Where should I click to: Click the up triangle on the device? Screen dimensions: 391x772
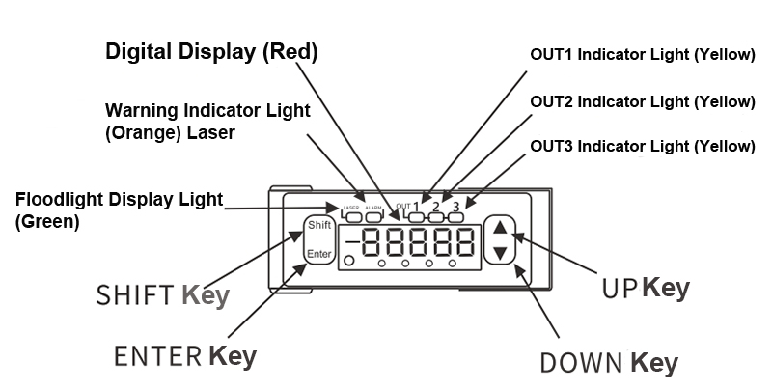(x=499, y=229)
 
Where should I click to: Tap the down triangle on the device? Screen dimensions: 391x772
(x=499, y=253)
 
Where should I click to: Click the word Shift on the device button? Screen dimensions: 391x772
(x=319, y=226)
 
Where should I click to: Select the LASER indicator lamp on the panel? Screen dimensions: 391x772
(x=351, y=217)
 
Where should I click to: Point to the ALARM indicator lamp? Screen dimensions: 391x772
(x=373, y=217)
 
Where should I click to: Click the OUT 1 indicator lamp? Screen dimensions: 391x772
(x=416, y=217)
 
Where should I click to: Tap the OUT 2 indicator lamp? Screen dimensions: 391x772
(x=435, y=217)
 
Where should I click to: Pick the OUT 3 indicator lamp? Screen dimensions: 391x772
(x=455, y=217)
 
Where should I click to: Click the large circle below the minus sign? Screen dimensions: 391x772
(x=348, y=261)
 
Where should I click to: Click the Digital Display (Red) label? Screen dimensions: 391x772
(x=211, y=51)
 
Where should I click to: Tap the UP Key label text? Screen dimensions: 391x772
(x=646, y=287)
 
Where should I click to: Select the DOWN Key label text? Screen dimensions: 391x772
(x=608, y=363)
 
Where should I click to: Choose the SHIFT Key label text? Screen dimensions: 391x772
(x=162, y=294)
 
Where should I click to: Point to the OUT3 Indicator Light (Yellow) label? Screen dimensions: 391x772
(x=643, y=147)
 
